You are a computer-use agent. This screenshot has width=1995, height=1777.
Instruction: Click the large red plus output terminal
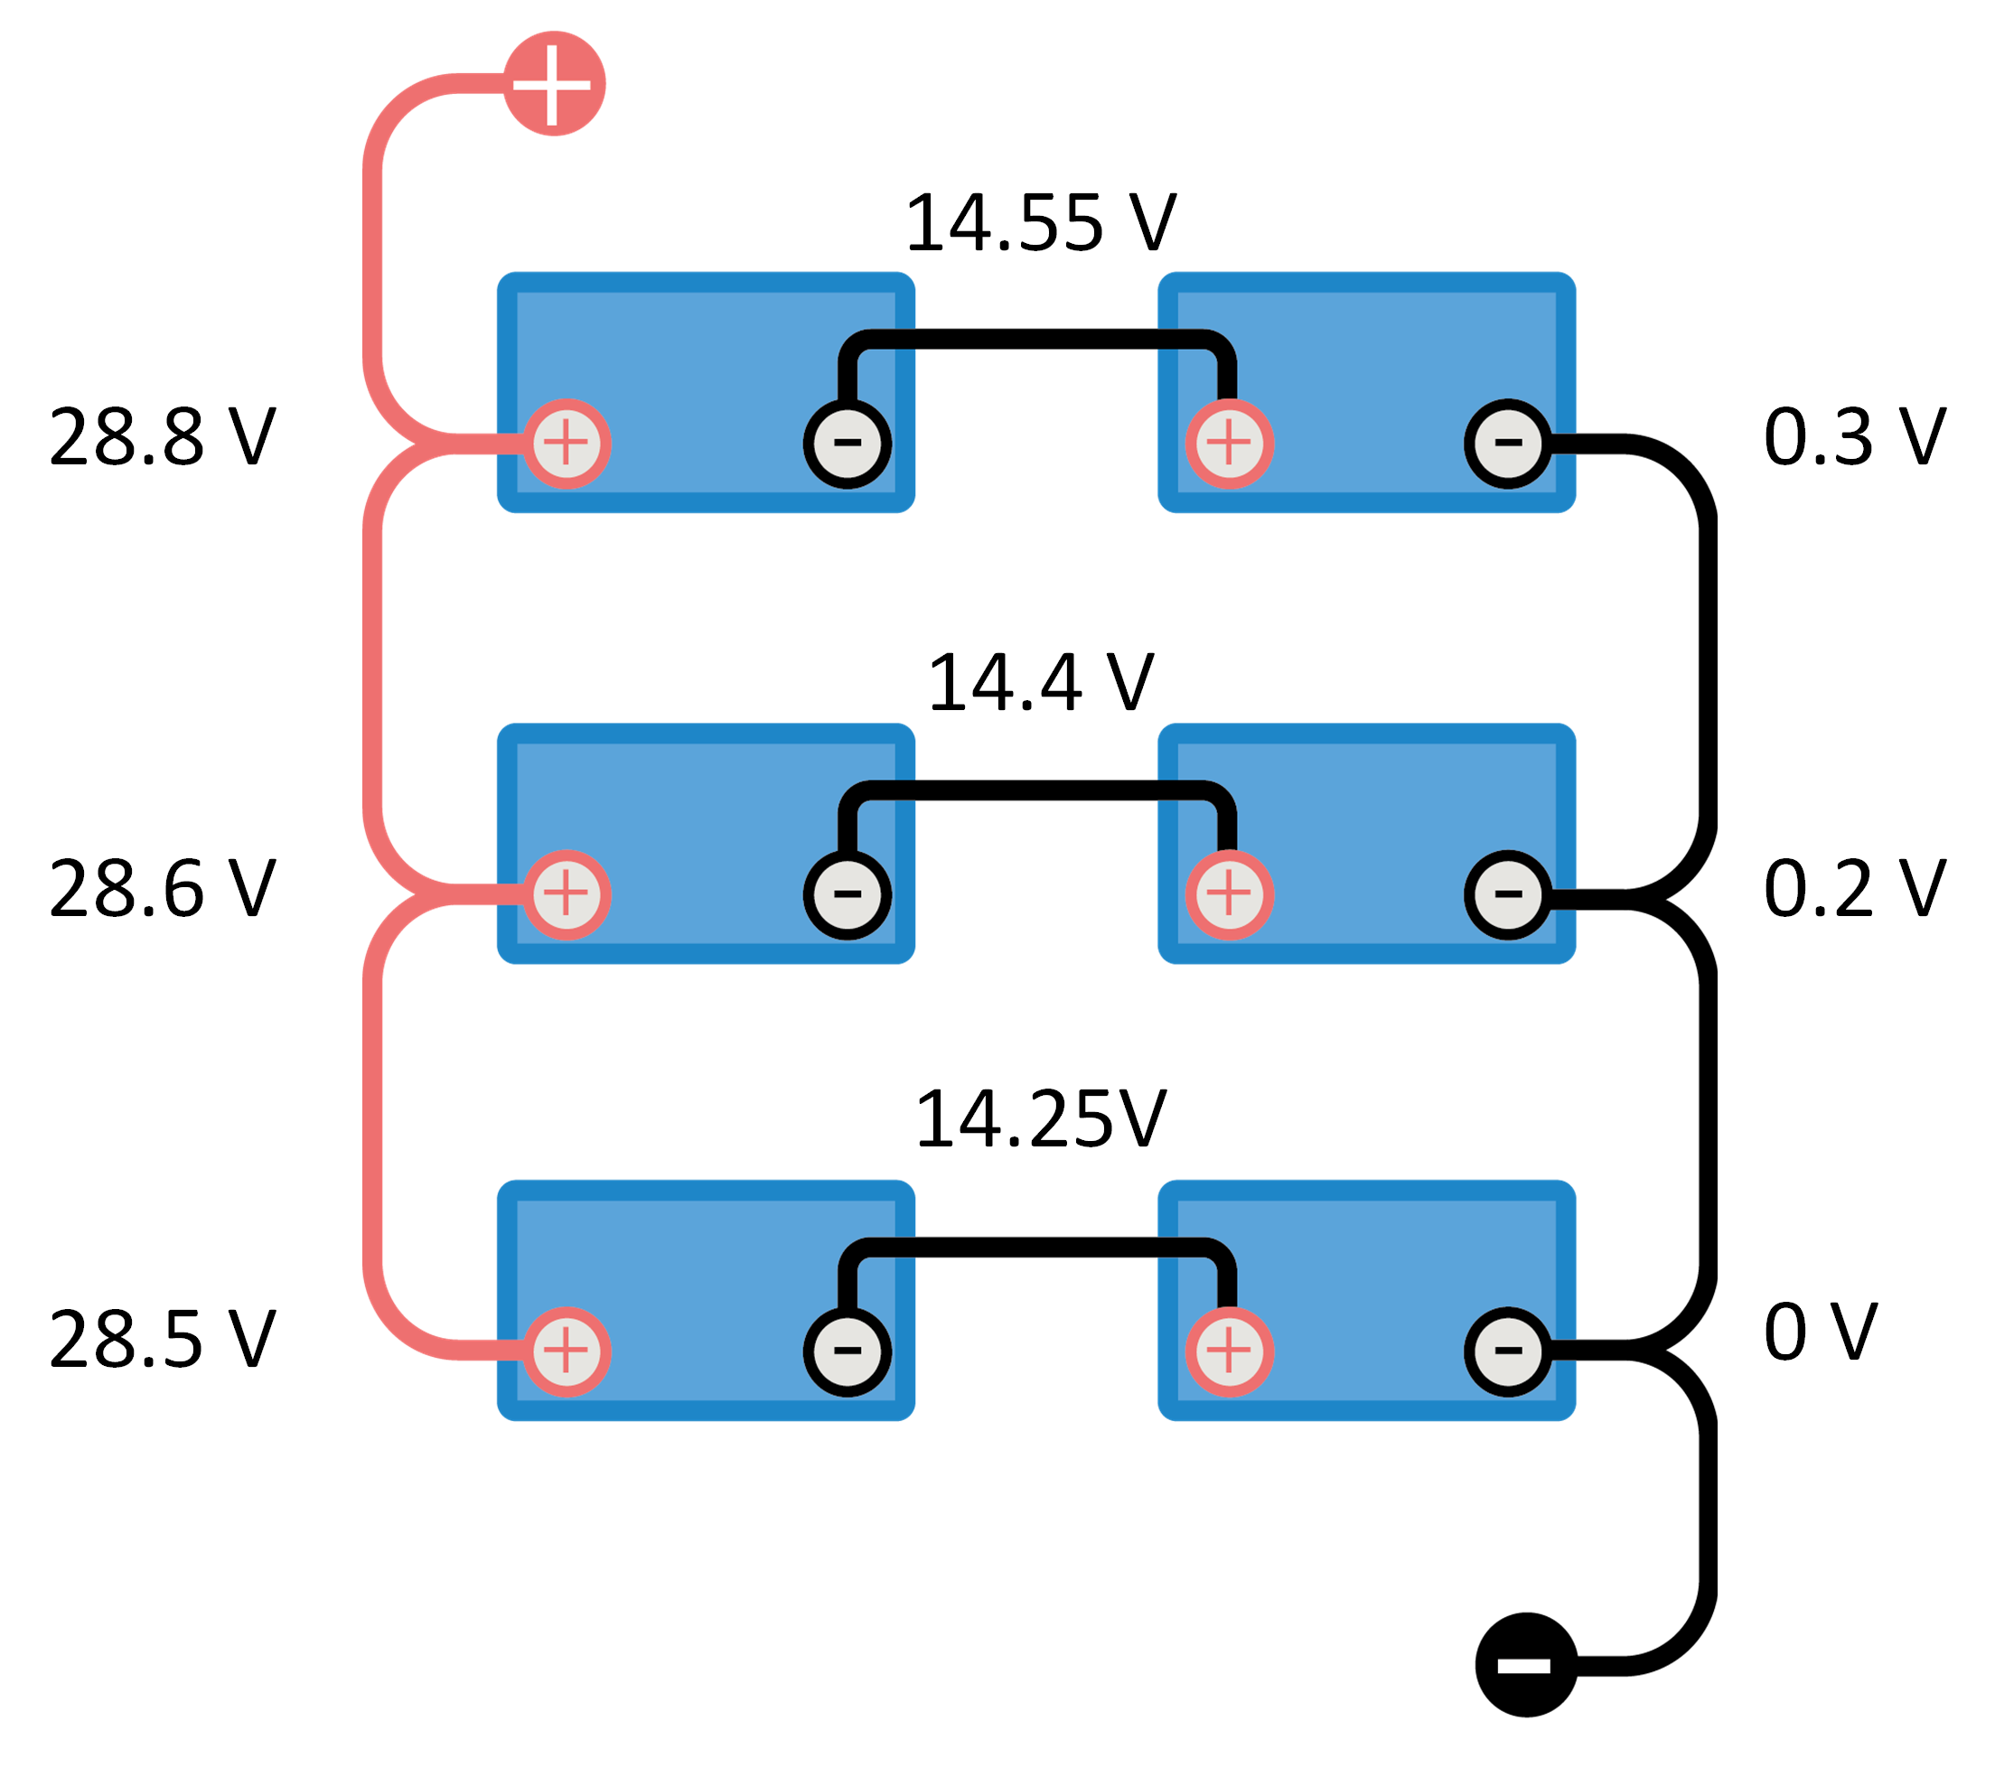click(554, 83)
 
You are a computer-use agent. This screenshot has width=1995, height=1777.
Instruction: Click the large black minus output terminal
click(1525, 1664)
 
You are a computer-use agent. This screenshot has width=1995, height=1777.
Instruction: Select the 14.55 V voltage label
click(1040, 223)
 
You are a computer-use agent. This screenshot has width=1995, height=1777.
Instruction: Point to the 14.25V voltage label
click(1040, 1119)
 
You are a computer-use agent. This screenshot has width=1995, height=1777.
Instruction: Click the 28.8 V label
click(162, 437)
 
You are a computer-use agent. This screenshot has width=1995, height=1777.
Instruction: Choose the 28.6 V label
click(162, 890)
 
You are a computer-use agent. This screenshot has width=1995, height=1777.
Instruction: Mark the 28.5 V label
click(162, 1340)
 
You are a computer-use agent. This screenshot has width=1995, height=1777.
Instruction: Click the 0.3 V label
click(1853, 437)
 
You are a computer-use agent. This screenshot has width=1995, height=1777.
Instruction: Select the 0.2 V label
click(1853, 890)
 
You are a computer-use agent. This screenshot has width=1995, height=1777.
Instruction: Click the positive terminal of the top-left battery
click(567, 444)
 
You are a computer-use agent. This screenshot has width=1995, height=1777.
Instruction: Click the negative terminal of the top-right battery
click(1508, 444)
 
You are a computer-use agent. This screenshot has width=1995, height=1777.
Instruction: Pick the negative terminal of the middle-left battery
click(847, 894)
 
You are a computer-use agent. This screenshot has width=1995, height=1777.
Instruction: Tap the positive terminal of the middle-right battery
click(1229, 894)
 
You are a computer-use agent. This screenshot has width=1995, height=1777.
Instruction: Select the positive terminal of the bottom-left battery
click(567, 1351)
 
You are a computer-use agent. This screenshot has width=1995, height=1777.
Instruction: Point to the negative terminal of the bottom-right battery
click(1508, 1351)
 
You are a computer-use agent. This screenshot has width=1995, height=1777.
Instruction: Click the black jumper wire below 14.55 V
click(1035, 340)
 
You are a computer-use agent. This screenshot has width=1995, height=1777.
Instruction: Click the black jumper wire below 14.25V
click(1035, 1248)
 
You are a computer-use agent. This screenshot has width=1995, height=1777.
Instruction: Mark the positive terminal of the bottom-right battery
click(1229, 1351)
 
